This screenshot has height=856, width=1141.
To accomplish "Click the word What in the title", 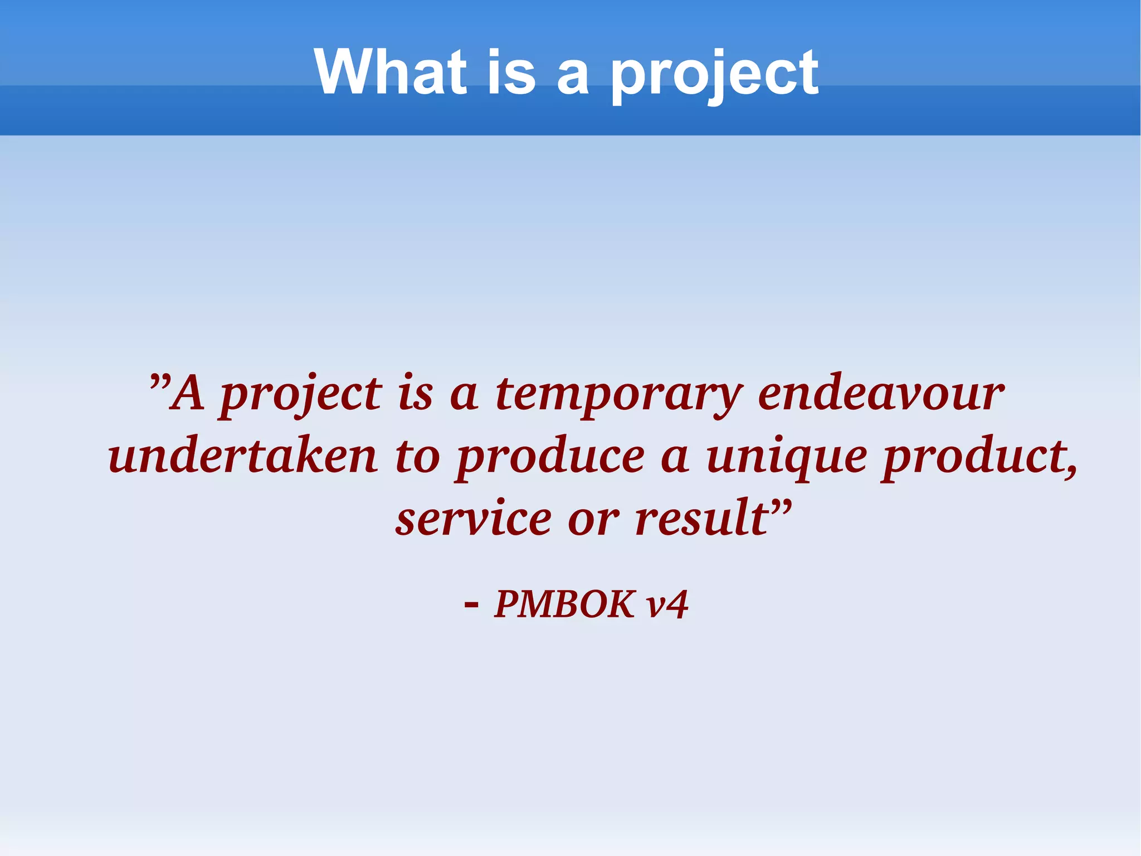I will tap(390, 72).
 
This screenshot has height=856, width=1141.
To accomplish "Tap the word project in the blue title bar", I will tap(715, 75).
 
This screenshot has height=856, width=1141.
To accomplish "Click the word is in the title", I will tap(511, 72).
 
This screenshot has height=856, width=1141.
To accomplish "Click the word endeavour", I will tap(881, 393).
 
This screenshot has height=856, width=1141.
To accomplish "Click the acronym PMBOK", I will tap(564, 604).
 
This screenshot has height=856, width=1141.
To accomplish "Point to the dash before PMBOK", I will tap(471, 604).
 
